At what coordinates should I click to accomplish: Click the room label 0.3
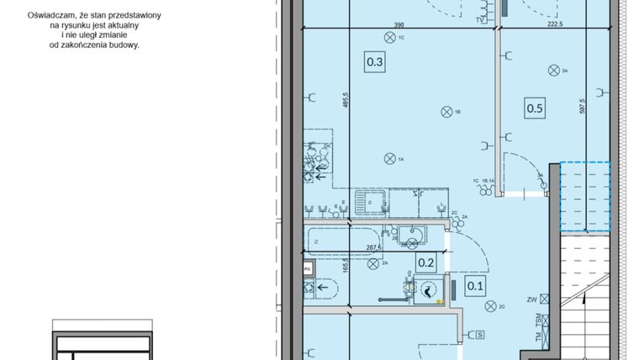(375, 61)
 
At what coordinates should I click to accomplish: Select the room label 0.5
(535, 108)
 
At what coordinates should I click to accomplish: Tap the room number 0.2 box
(426, 262)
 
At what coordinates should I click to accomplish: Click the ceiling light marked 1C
(388, 38)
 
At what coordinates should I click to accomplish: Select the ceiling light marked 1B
(446, 110)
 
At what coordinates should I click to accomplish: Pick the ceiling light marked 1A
(389, 158)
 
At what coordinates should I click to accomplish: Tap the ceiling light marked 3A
(553, 71)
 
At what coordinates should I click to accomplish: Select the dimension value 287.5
(374, 248)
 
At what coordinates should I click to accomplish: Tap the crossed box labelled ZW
(545, 299)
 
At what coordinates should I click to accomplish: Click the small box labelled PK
(308, 269)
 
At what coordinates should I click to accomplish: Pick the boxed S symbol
(479, 336)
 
